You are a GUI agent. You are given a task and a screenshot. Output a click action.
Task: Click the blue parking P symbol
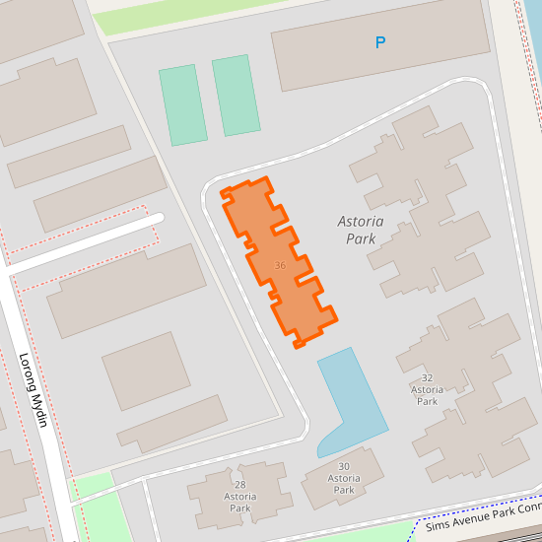(380, 42)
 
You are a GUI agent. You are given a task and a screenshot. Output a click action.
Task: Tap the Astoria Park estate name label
(360, 230)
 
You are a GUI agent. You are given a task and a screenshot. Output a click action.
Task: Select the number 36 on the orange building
(281, 266)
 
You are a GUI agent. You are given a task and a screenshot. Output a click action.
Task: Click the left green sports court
(183, 104)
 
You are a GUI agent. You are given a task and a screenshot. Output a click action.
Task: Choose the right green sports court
(236, 95)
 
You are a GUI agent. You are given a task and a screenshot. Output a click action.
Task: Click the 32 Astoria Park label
(427, 389)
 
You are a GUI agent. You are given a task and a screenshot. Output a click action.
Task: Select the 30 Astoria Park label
(344, 478)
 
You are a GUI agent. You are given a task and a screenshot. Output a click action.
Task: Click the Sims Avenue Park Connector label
(483, 521)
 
